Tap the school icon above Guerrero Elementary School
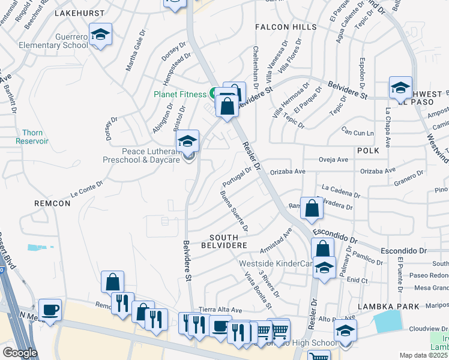[100, 35]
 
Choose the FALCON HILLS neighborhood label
[285, 28]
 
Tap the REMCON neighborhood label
[53, 203]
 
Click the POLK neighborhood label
[368, 151]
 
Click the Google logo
[20, 353]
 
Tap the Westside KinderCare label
[276, 263]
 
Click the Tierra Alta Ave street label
[220, 310]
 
